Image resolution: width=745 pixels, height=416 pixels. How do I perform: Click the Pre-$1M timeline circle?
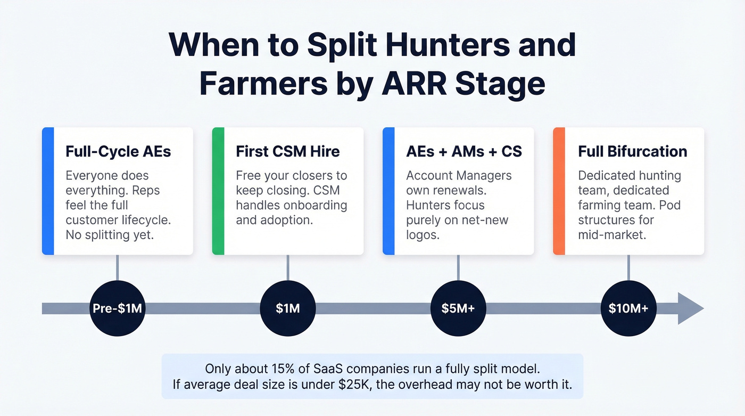117,308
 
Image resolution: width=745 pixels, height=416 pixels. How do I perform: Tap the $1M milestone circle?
287,308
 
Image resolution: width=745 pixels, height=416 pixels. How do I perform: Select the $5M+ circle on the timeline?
458,308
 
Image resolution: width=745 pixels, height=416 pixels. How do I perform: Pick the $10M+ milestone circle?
628,308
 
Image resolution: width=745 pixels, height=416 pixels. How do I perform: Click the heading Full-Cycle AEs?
118,151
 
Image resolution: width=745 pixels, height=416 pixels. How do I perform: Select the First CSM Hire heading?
287,151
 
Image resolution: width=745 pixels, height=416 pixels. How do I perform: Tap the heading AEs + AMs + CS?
464,151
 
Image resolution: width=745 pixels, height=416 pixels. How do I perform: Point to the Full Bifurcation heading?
633,151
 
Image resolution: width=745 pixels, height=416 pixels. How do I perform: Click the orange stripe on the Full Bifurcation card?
559,191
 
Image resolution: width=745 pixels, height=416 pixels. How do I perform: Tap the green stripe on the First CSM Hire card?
218,191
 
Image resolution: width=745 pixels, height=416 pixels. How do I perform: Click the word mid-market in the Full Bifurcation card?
612,234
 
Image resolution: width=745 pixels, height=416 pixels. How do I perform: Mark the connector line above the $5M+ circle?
458,267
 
